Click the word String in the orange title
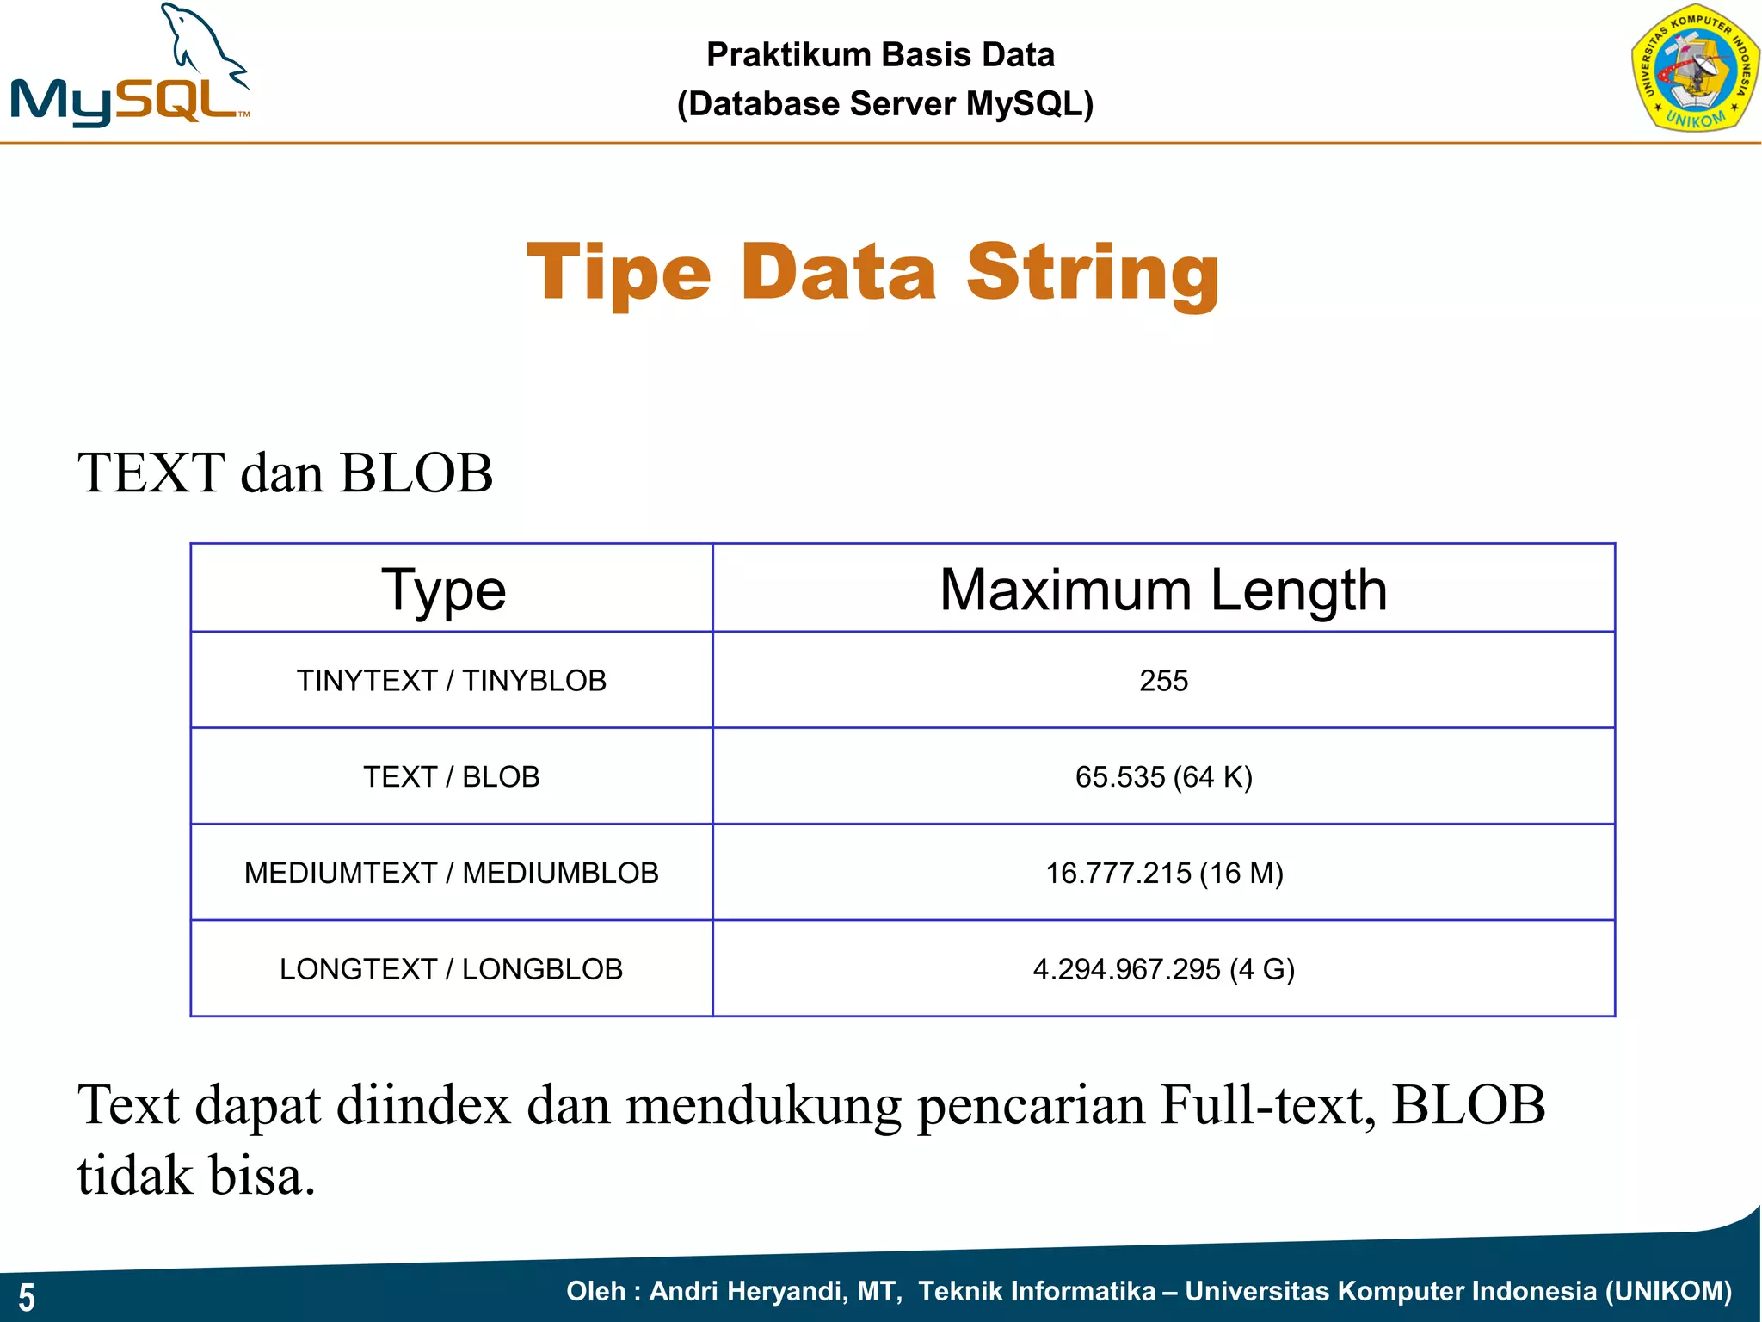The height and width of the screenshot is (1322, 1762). point(1093,274)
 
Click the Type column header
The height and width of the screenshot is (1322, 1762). point(444,590)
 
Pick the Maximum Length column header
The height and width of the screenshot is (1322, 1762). point(1163,590)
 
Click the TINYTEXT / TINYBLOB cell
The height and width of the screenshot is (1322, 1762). point(451,681)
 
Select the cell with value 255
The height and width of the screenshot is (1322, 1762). point(1163,681)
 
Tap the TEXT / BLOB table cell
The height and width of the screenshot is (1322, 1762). point(451,777)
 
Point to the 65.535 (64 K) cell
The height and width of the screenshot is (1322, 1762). point(1163,777)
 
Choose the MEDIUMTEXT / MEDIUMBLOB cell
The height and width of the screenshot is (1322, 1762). point(451,874)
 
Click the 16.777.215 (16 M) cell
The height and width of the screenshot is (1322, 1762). point(1163,874)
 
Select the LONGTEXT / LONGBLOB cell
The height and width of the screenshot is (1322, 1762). point(451,969)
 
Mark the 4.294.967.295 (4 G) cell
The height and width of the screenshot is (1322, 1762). point(1163,969)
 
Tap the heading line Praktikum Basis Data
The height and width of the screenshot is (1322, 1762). point(880,55)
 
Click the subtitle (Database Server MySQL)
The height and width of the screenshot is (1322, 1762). point(884,104)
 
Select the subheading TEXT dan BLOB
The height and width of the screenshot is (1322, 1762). point(285,473)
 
